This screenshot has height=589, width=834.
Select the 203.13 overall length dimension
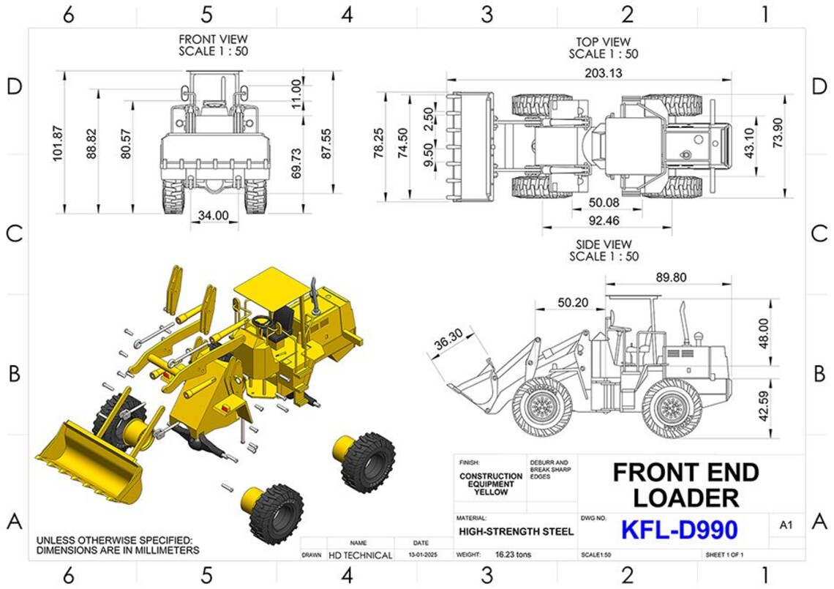tap(604, 72)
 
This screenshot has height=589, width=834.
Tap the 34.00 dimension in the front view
tap(213, 216)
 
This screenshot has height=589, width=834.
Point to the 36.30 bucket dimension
tap(448, 341)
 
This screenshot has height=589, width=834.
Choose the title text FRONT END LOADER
tap(685, 485)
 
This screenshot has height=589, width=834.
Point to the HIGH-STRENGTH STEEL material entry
tap(516, 532)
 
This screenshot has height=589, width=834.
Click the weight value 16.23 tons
tap(514, 555)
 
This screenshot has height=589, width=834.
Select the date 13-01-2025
tap(421, 555)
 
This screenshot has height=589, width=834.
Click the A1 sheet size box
tap(786, 525)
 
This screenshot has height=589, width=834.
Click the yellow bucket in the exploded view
tap(88, 465)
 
